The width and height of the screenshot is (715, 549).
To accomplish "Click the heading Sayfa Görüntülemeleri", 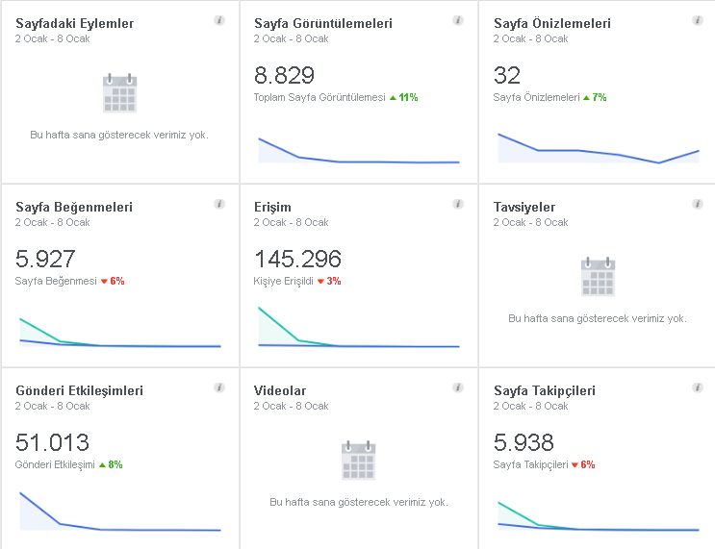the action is click(322, 23).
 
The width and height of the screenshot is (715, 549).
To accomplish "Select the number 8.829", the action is click(284, 75).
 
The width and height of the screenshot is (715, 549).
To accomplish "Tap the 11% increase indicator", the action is click(404, 97).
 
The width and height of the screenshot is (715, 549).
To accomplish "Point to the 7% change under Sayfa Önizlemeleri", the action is click(595, 97).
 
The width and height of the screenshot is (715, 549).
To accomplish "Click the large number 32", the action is click(506, 75).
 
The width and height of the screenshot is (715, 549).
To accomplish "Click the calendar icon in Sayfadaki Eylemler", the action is click(120, 92).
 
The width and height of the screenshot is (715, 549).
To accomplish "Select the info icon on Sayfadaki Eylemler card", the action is click(219, 20).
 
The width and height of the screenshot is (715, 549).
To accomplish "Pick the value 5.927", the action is click(45, 259).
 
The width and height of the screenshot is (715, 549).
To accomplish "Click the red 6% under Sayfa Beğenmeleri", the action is click(113, 281).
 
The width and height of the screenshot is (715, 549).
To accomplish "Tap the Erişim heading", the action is click(272, 208).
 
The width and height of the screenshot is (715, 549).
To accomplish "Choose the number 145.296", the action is click(297, 259).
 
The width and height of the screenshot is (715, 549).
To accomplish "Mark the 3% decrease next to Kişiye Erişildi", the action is click(329, 281).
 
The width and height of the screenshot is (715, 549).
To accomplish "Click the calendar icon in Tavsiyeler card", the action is click(599, 277).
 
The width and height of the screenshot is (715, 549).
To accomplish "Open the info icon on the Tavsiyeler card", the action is click(698, 204).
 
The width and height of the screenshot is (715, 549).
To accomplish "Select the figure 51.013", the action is click(52, 442).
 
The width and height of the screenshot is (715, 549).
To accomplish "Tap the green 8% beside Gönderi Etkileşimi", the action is click(111, 464).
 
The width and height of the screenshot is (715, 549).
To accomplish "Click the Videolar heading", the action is click(279, 390).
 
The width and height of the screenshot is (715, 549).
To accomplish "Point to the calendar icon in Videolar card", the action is click(358, 461).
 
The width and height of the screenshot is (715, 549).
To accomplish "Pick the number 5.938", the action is click(523, 442).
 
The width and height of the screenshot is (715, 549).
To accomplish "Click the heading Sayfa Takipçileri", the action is click(545, 391).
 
